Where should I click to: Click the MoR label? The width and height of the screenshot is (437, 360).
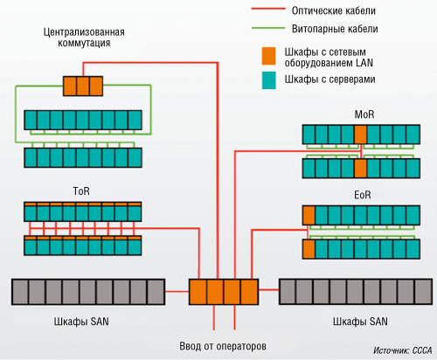(364, 114)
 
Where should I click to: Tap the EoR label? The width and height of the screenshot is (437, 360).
(363, 195)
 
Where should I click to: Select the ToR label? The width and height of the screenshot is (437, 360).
(81, 191)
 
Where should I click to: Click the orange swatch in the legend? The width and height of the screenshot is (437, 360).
(268, 56)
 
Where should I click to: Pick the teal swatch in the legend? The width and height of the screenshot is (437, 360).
(268, 80)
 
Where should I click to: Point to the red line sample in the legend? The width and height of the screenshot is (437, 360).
(268, 10)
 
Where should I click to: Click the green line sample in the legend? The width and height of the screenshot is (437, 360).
(268, 28)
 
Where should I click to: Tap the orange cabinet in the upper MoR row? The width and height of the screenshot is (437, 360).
(361, 135)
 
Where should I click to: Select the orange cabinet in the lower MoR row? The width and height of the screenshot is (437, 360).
(361, 169)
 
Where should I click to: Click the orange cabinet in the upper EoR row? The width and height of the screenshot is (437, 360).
(309, 215)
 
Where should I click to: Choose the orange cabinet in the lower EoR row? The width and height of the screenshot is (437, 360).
(309, 249)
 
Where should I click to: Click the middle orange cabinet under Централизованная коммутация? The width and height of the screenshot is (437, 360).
(83, 86)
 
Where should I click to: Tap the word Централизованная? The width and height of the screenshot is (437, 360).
(84, 31)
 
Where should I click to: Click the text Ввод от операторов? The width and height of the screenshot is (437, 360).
(223, 346)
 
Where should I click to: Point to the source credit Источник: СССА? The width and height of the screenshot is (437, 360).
(403, 350)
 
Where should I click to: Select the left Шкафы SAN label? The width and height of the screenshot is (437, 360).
(81, 322)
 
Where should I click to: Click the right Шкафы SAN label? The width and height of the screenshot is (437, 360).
(360, 322)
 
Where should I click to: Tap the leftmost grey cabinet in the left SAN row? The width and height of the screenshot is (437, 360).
(20, 292)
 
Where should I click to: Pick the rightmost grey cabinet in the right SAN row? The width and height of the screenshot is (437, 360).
(423, 292)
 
